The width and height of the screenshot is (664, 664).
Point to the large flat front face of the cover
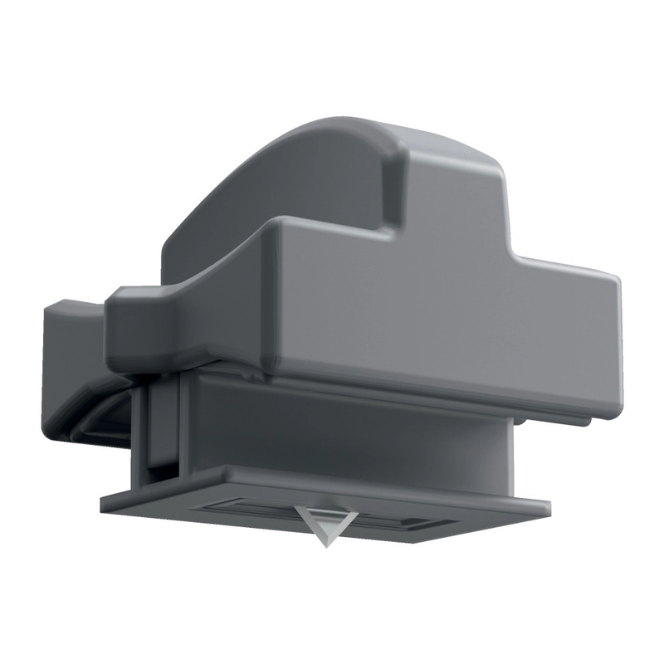432,332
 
